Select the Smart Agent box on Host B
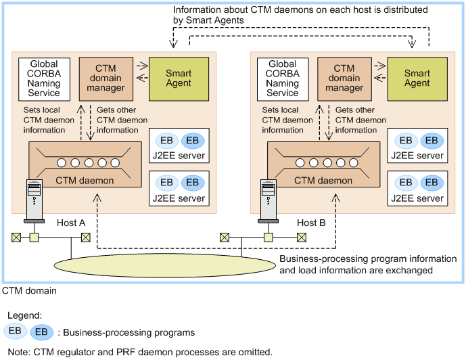417,78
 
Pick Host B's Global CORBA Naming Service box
282,78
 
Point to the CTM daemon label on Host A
85,180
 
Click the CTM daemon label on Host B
323,180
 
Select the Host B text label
312,223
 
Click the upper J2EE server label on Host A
179,156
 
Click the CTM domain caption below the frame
29,290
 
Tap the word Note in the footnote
17,352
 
